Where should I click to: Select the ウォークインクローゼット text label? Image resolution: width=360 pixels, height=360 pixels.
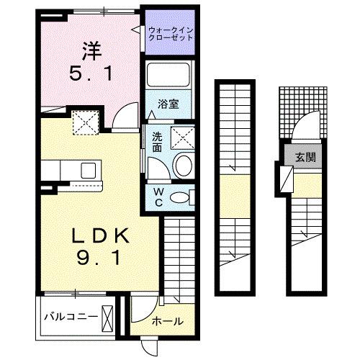pos(170,34)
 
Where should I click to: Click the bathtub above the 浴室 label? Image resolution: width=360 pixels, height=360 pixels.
pos(169,74)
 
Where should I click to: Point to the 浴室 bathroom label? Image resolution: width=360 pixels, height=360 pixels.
pos(169,104)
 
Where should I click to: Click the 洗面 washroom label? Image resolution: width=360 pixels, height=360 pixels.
pos(156,141)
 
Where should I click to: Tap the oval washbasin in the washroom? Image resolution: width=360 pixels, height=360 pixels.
pos(182,165)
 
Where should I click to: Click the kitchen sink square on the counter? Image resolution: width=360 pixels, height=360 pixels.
pos(88,170)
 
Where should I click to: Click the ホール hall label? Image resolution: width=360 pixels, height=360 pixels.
pos(167,322)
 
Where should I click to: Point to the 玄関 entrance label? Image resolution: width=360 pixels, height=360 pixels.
pos(303,156)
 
